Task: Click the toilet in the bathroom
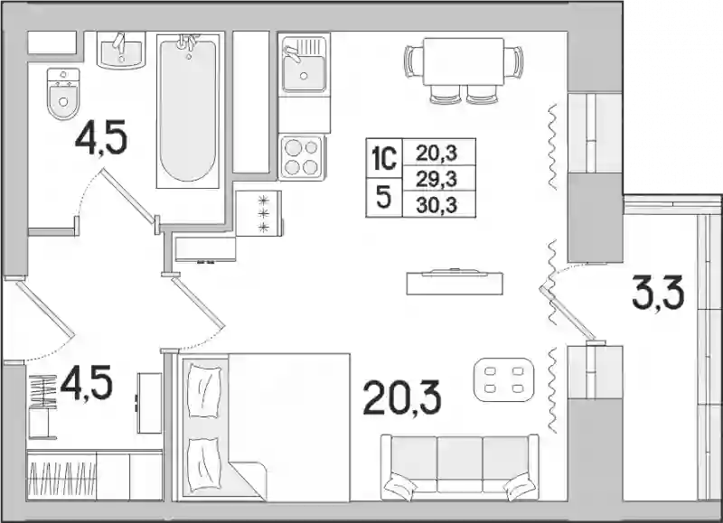(63, 94)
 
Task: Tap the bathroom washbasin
(121, 51)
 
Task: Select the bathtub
(188, 109)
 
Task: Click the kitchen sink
(304, 64)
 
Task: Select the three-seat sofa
(460, 467)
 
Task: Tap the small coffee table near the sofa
(504, 379)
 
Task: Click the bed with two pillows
(266, 427)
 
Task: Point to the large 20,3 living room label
(402, 397)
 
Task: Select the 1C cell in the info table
(384, 157)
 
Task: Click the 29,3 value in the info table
(437, 179)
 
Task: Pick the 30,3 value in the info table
(437, 204)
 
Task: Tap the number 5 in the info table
(383, 197)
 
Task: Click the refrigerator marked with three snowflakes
(258, 213)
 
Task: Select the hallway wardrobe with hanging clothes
(95, 475)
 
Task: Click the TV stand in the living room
(455, 282)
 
